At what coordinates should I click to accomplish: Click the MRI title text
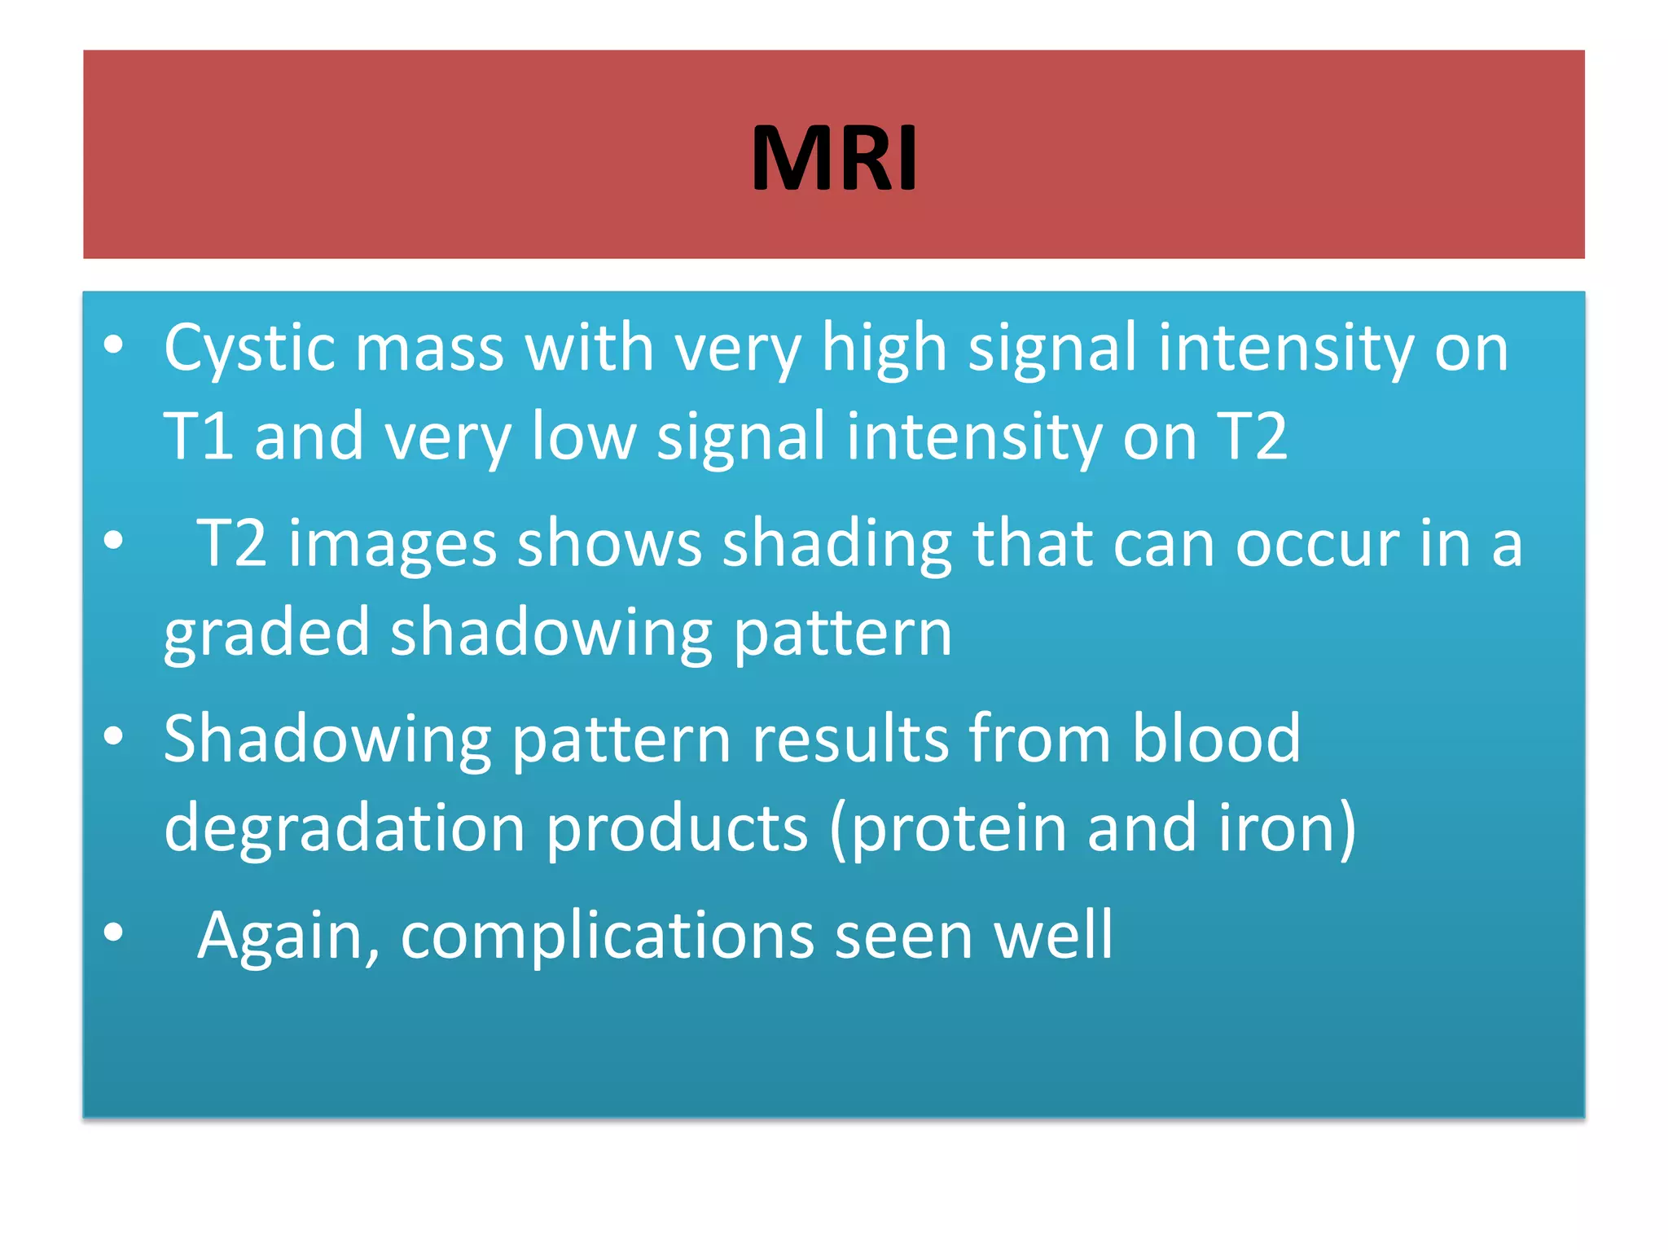click(x=834, y=158)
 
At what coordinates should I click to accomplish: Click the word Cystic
click(x=248, y=349)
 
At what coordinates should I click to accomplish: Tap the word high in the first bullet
click(x=884, y=349)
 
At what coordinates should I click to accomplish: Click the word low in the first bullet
click(x=583, y=437)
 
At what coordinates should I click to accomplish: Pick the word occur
click(x=1316, y=544)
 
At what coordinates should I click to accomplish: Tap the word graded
click(x=266, y=634)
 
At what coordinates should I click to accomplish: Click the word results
click(x=849, y=740)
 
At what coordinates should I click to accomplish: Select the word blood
click(x=1216, y=740)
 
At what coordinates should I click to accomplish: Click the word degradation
click(x=344, y=827)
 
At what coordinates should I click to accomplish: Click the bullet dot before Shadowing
click(x=113, y=736)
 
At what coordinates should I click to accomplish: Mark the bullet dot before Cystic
click(x=113, y=345)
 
